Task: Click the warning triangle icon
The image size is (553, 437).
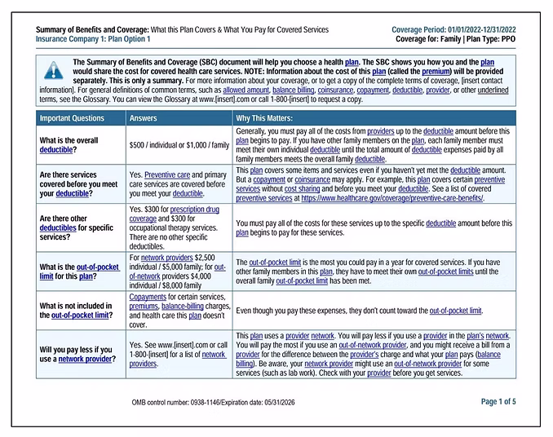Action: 53,71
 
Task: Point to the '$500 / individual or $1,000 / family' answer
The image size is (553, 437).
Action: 179,145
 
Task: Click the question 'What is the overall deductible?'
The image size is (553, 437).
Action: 69,145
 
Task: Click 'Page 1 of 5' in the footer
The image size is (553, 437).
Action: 498,401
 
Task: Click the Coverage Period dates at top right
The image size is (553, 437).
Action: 453,29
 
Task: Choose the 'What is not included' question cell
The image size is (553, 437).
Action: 75,311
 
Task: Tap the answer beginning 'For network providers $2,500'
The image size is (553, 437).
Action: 179,271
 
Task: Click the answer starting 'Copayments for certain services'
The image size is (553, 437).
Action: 179,311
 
